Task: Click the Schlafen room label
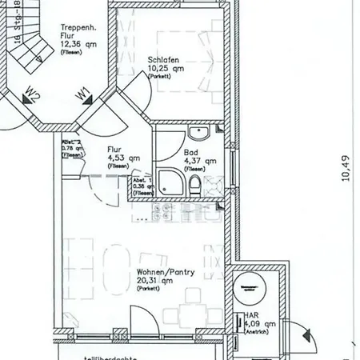click(162, 60)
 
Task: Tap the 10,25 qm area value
click(166, 69)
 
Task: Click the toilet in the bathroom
click(197, 187)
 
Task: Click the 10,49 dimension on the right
click(346, 169)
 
